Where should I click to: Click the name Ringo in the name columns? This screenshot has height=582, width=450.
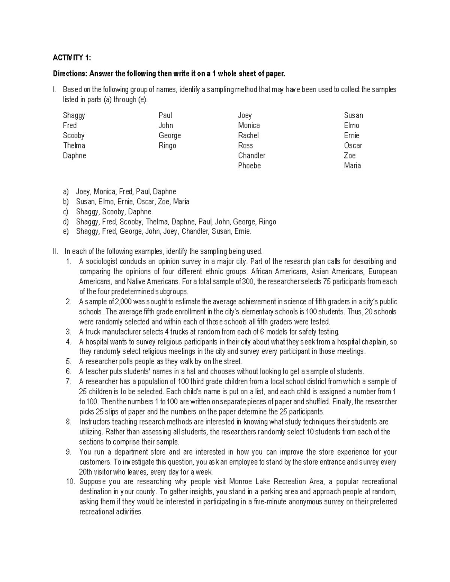pyautogui.click(x=167, y=145)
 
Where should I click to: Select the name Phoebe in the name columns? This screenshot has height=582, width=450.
pyautogui.click(x=249, y=166)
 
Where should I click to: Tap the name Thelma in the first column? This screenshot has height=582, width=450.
pyautogui.click(x=74, y=145)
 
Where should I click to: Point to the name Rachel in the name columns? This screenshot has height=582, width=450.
pyautogui.click(x=248, y=135)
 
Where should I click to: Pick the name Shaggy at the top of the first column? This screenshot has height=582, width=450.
pyautogui.click(x=74, y=115)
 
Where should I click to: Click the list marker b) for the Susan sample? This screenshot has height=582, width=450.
pyautogui.click(x=66, y=202)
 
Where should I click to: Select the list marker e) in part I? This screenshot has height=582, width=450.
pyautogui.click(x=66, y=232)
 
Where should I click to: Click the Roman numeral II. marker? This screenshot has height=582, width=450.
pyautogui.click(x=56, y=251)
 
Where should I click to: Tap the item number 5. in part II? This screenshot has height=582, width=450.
pyautogui.click(x=68, y=362)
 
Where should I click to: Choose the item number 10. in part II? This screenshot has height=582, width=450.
pyautogui.click(x=70, y=482)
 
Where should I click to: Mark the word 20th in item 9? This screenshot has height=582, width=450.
pyautogui.click(x=87, y=472)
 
